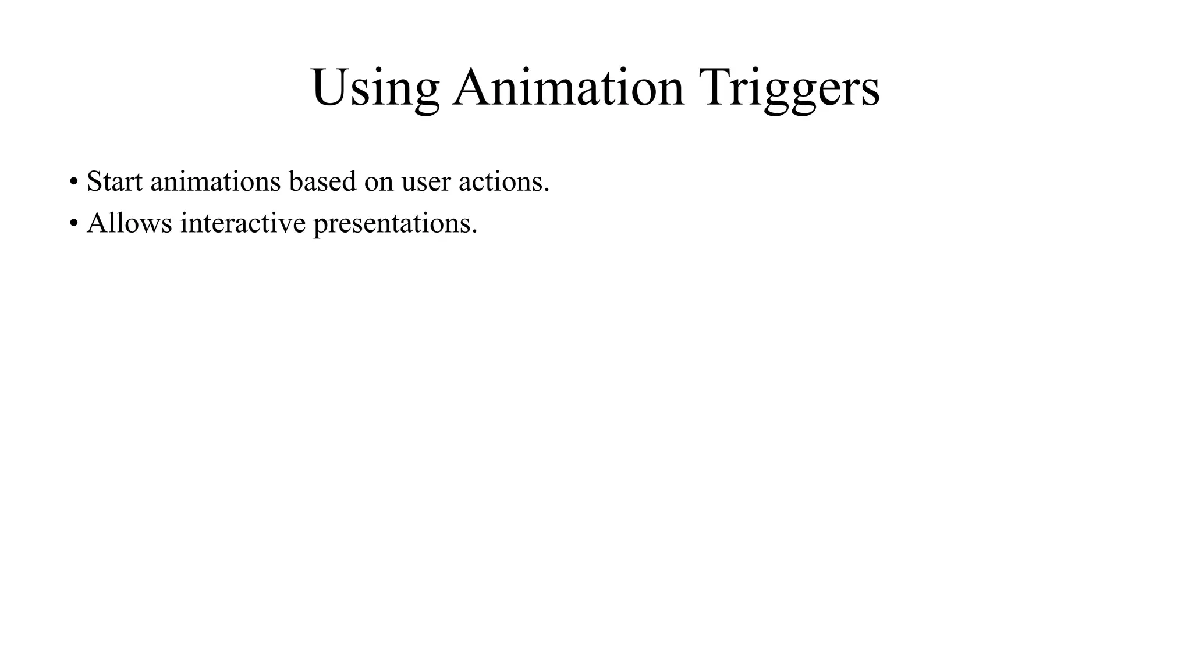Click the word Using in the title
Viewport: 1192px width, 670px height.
pyautogui.click(x=375, y=88)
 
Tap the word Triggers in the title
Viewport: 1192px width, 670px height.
pyautogui.click(x=791, y=88)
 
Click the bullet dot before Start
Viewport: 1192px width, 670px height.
pyautogui.click(x=73, y=182)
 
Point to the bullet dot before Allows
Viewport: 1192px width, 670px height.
pyautogui.click(x=73, y=224)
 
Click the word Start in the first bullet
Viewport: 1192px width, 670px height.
pyautogui.click(x=115, y=181)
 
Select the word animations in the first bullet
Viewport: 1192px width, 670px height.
pyautogui.click(x=215, y=181)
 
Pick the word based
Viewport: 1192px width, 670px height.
pyautogui.click(x=322, y=181)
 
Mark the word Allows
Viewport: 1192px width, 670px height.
pyautogui.click(x=129, y=223)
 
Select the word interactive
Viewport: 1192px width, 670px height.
pyautogui.click(x=243, y=223)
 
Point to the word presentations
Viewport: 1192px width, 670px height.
pyautogui.click(x=392, y=224)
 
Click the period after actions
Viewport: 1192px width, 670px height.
pyautogui.click(x=547, y=191)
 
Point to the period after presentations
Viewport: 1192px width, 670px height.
pyautogui.click(x=474, y=233)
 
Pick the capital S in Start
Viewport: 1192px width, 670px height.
pyautogui.click(x=94, y=181)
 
